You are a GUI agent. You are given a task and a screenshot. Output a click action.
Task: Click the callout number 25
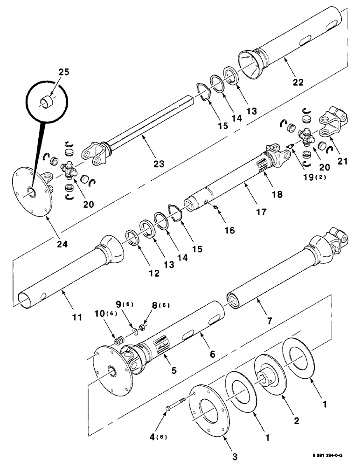click(x=63, y=73)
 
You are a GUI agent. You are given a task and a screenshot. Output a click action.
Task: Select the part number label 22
click(x=298, y=82)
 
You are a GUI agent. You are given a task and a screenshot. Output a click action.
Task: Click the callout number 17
click(x=262, y=212)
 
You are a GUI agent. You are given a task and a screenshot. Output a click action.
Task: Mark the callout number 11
click(x=77, y=317)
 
